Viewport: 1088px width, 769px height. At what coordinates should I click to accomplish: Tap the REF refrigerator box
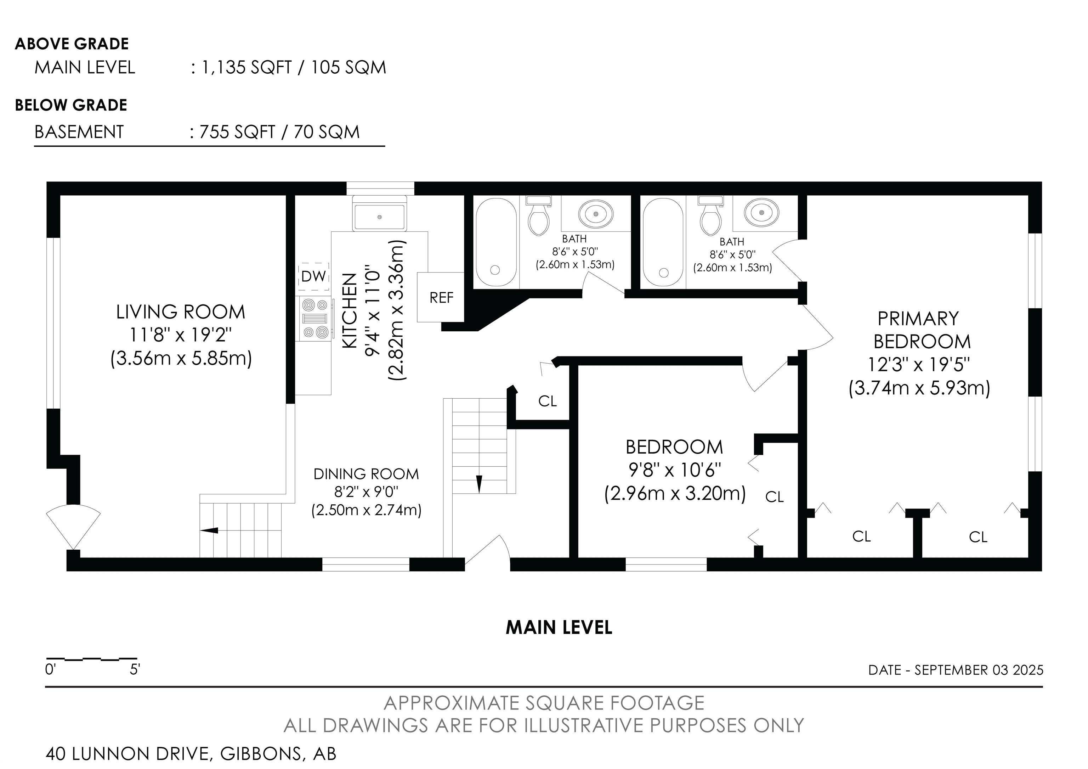(441, 297)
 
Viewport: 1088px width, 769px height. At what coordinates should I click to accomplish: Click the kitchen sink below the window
(380, 217)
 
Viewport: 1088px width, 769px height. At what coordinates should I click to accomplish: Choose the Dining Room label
(366, 474)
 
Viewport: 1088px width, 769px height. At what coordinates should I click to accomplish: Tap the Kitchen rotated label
(349, 311)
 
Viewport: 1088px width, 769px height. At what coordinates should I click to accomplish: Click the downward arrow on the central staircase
(479, 484)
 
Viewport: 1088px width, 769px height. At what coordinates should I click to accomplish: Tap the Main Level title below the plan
(559, 628)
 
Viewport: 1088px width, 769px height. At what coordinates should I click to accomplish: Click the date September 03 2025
(979, 670)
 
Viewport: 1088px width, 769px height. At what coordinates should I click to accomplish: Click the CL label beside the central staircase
(547, 401)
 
